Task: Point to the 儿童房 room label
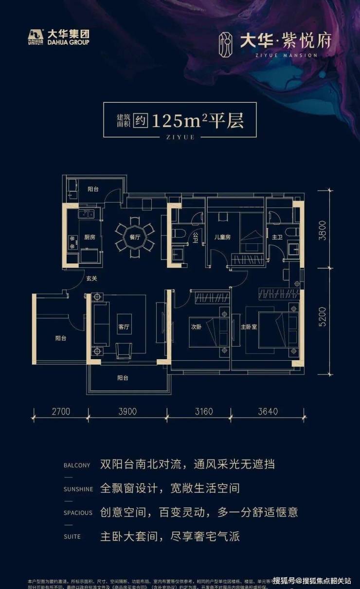(x=222, y=237)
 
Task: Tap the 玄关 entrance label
(x=91, y=279)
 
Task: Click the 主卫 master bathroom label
(x=277, y=237)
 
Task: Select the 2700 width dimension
(x=60, y=411)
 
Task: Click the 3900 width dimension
(x=127, y=411)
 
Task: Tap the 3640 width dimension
(x=267, y=411)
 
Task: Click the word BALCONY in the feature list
(x=77, y=465)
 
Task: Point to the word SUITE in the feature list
(x=72, y=537)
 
